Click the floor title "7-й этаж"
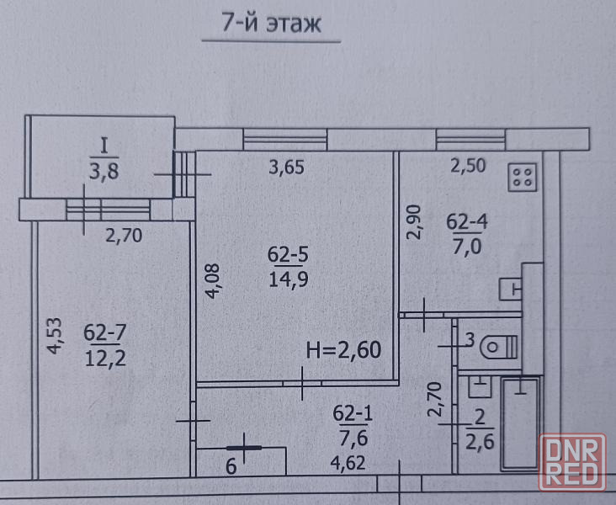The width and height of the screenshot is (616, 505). (x=272, y=23)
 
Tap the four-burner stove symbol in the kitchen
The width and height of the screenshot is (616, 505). (x=523, y=178)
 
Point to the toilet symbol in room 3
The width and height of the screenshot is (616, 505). (x=498, y=347)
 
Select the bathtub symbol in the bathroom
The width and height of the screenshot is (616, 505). (x=520, y=423)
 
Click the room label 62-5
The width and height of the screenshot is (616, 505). (x=288, y=254)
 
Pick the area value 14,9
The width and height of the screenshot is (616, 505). (x=289, y=279)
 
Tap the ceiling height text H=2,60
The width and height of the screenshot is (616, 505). (x=343, y=350)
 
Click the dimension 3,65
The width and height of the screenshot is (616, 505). (x=286, y=167)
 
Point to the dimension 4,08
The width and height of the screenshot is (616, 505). (x=213, y=281)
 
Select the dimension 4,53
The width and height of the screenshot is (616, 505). (x=55, y=336)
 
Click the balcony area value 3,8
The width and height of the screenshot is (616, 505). (x=104, y=172)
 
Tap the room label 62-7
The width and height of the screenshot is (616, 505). (x=105, y=332)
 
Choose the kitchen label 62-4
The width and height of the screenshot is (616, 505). (x=467, y=221)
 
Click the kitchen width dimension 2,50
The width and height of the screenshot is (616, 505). (x=468, y=166)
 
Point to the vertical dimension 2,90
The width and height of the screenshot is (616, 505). (x=414, y=222)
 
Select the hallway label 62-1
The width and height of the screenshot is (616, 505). (x=353, y=413)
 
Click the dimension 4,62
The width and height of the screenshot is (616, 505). (x=348, y=463)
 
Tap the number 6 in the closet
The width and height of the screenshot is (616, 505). (x=231, y=467)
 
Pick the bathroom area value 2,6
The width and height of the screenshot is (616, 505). (x=480, y=442)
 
